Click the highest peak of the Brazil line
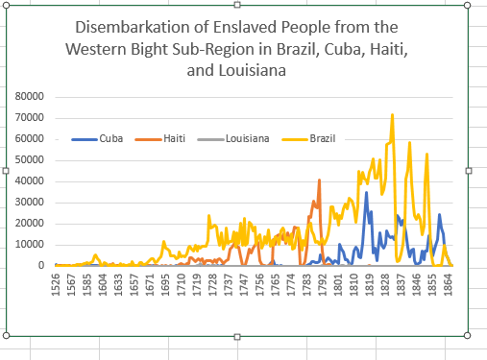pos(392,115)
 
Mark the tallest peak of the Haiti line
pos(320,180)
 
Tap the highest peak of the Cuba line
pos(366,192)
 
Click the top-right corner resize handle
pos(468,5)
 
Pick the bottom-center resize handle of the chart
pos(237,335)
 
